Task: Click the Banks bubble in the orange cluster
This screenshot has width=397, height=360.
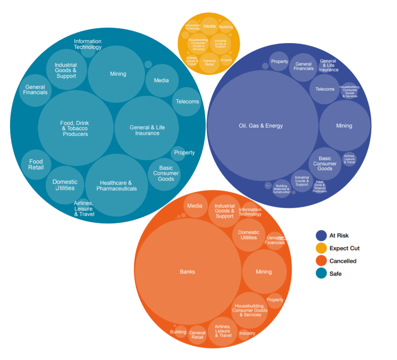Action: click(188, 272)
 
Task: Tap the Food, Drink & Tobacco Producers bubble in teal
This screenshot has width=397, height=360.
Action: click(76, 128)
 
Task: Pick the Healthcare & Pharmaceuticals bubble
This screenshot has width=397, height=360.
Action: click(117, 185)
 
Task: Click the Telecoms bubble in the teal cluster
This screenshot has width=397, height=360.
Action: click(187, 102)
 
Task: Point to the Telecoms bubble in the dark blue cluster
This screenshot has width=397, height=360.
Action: click(325, 89)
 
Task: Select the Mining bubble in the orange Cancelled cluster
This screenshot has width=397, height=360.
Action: click(264, 272)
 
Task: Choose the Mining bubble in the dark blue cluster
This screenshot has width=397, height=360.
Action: click(344, 126)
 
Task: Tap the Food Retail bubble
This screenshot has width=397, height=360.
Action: click(36, 164)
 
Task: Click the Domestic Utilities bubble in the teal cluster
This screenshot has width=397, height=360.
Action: click(65, 185)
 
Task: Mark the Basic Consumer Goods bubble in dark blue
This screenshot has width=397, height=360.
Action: click(325, 164)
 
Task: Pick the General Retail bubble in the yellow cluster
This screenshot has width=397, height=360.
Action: click(209, 62)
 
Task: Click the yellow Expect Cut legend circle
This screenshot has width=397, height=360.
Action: click(321, 248)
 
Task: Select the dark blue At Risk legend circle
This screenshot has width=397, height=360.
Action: click(321, 236)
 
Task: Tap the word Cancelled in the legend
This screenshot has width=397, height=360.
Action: click(343, 261)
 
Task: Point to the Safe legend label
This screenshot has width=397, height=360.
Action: click(336, 274)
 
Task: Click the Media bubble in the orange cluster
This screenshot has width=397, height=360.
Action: click(195, 206)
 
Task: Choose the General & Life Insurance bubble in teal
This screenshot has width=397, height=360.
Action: click(147, 130)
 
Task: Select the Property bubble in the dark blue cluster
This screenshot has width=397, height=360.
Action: click(279, 62)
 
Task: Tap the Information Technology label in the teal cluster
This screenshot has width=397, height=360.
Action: click(88, 44)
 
